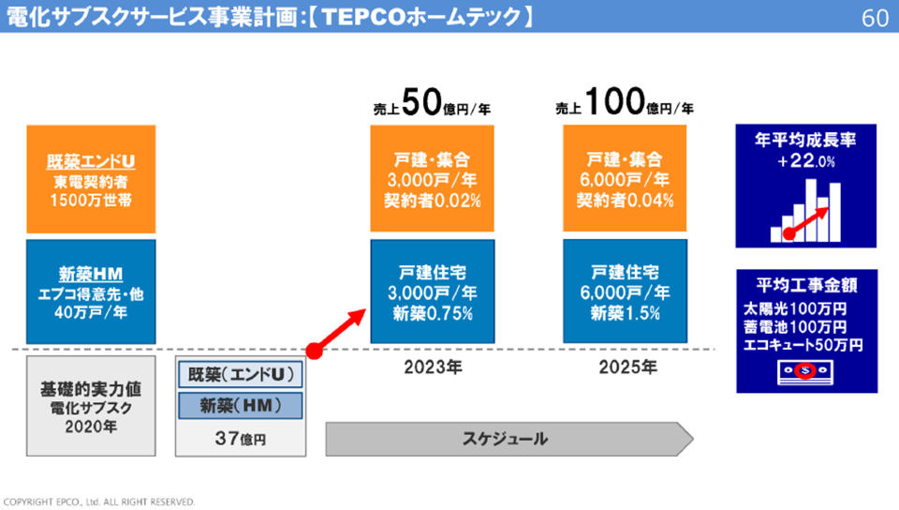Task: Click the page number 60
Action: pyautogui.click(x=875, y=19)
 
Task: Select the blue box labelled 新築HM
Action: pyautogui.click(x=90, y=291)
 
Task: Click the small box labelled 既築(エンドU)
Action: pyautogui.click(x=242, y=375)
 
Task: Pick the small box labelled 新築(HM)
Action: pyautogui.click(x=242, y=406)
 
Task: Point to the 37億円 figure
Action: pyautogui.click(x=241, y=438)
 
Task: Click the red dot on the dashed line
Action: pyautogui.click(x=316, y=352)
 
